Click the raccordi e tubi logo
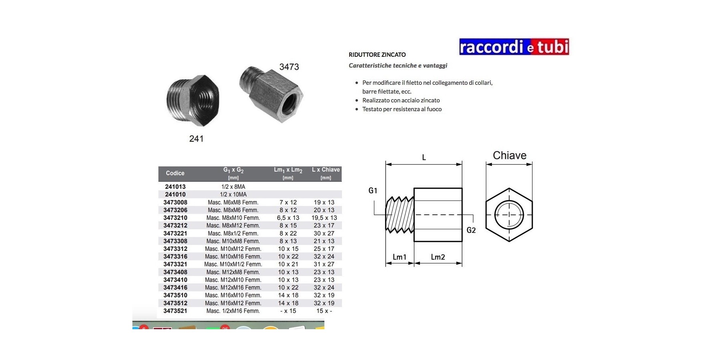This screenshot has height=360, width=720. pyautogui.click(x=514, y=47)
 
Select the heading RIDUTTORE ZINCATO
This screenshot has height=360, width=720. pyautogui.click(x=377, y=55)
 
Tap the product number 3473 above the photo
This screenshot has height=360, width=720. pyautogui.click(x=289, y=67)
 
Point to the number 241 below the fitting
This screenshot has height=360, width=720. pyautogui.click(x=196, y=139)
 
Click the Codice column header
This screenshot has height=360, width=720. pyautogui.click(x=175, y=173)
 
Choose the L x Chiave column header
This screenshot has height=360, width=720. pyautogui.click(x=326, y=170)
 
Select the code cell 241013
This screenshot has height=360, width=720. pyautogui.click(x=175, y=187)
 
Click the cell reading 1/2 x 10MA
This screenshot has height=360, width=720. pyautogui.click(x=233, y=194)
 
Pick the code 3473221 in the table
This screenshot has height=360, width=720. pyautogui.click(x=175, y=233)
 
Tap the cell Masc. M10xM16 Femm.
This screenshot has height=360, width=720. pyautogui.click(x=233, y=256)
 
